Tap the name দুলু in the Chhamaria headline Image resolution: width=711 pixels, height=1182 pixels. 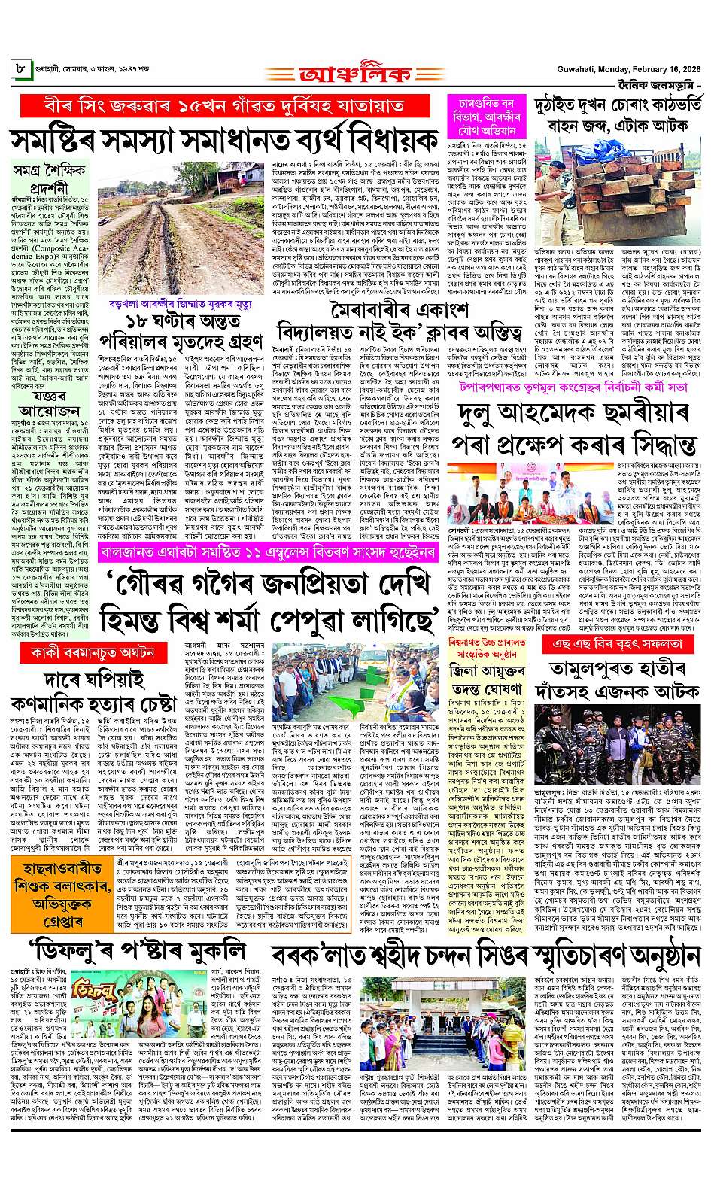click(480, 415)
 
